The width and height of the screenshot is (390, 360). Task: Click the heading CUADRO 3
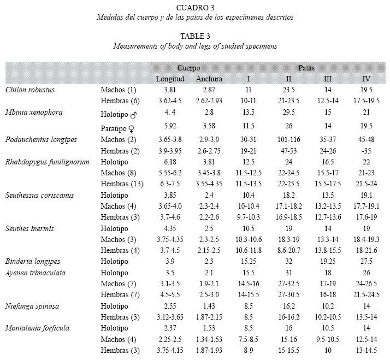click(x=195, y=8)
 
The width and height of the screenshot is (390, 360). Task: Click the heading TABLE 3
click(x=195, y=36)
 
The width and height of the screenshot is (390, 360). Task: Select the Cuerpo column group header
click(x=188, y=68)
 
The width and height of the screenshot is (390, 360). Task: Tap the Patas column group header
click(x=306, y=68)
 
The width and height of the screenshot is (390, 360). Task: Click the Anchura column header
click(x=209, y=79)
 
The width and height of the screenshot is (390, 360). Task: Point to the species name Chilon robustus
click(x=30, y=90)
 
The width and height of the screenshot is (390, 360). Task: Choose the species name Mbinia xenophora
click(x=34, y=112)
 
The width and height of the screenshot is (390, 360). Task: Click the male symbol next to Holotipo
click(x=134, y=115)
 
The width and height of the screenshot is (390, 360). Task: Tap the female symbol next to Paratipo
click(x=131, y=129)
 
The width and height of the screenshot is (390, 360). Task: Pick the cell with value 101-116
click(x=288, y=139)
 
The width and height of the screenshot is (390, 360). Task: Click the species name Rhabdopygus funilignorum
click(x=48, y=162)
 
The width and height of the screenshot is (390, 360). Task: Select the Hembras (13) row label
click(x=122, y=184)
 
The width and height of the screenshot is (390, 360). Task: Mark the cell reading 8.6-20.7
click(x=288, y=250)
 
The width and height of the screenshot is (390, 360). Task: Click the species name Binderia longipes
click(x=33, y=262)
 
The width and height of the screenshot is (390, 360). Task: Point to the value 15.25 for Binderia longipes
click(x=249, y=262)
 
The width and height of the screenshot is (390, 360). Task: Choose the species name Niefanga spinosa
click(x=32, y=306)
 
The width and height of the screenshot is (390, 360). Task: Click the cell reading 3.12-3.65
click(x=170, y=317)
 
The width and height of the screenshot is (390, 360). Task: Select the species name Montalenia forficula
click(x=37, y=328)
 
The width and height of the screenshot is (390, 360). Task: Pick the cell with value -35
click(x=367, y=151)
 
